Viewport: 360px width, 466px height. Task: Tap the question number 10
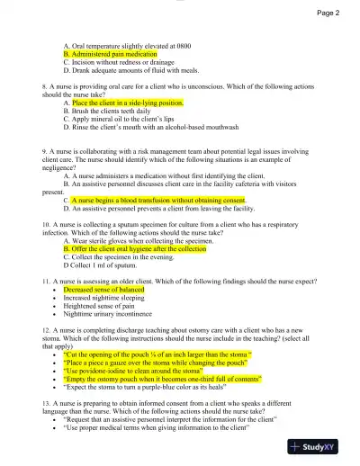pos(47,222)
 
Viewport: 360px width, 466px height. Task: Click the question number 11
pos(47,282)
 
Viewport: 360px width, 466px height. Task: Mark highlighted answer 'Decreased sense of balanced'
pos(104,291)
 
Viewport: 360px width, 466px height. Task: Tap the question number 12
pos(47,330)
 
